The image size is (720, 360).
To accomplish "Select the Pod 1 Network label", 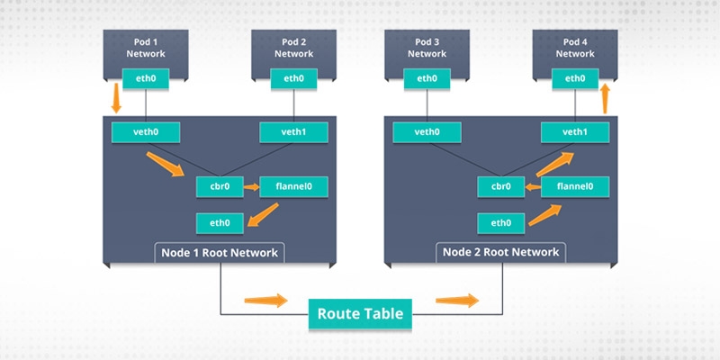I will click(x=146, y=47).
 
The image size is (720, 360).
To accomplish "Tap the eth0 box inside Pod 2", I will click(x=293, y=79).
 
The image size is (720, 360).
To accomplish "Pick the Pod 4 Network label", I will click(x=575, y=47).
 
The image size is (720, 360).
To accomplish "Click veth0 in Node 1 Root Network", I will click(x=146, y=132).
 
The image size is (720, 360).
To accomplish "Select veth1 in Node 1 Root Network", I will click(x=293, y=132).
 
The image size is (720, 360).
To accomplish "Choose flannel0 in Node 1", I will click(x=293, y=187).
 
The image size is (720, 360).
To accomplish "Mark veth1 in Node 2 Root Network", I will click(x=575, y=132).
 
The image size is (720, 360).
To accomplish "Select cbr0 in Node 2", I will click(x=501, y=187).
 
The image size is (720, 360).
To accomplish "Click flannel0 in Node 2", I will click(x=575, y=187).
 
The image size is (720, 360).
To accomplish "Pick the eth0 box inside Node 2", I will click(x=501, y=221).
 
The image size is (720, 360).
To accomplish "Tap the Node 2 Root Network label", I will click(x=501, y=252).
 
